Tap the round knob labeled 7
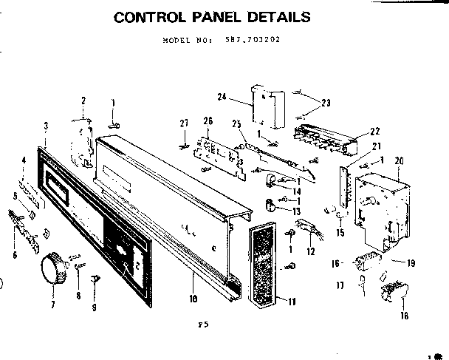(51, 267)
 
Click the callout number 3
(46, 126)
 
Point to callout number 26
(208, 121)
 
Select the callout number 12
(311, 252)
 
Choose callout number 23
(326, 103)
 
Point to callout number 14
(297, 192)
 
